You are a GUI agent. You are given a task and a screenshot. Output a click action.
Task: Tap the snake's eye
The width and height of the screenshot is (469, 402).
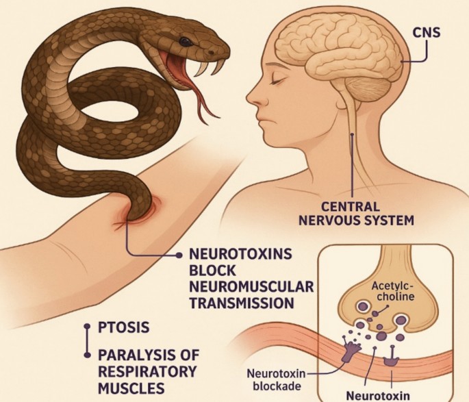tap(186, 41)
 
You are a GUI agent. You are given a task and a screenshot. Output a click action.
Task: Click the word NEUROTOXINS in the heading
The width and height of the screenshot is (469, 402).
tap(240, 254)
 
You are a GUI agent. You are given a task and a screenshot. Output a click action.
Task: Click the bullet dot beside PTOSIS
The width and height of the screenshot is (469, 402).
tap(86, 327)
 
